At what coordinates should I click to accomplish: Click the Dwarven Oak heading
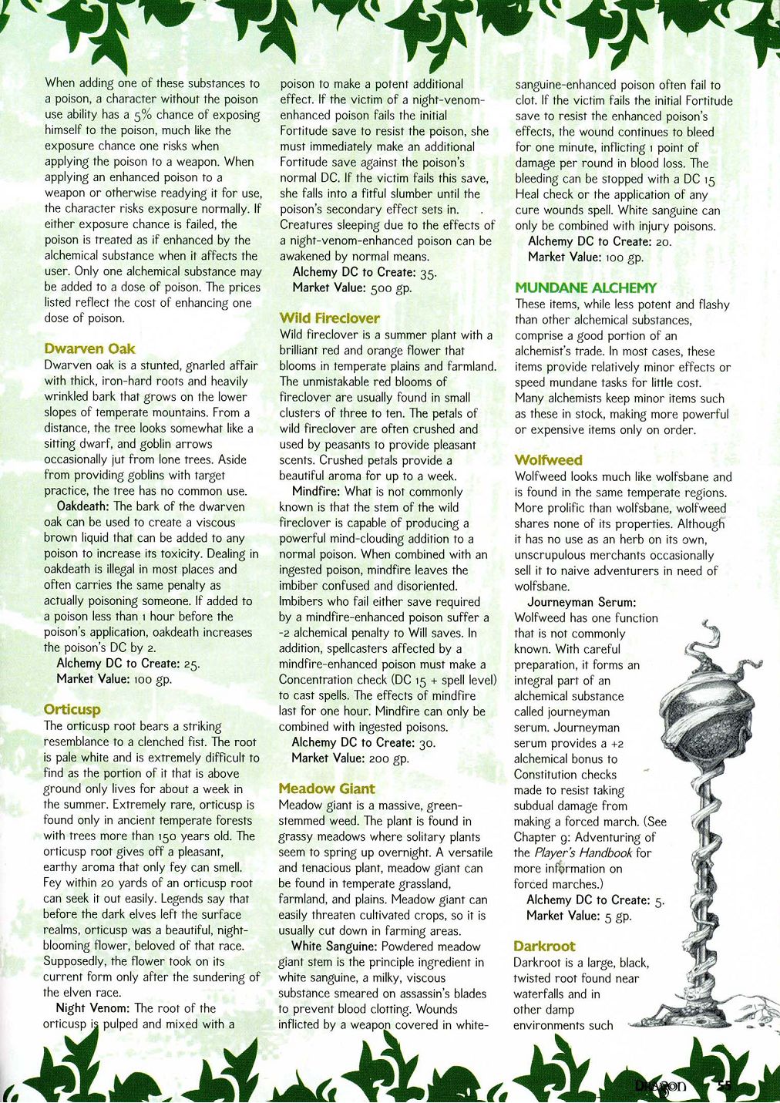click(89, 349)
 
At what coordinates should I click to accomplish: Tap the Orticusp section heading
click(72, 709)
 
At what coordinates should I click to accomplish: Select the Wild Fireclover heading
click(329, 318)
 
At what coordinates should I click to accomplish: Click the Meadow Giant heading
click(327, 789)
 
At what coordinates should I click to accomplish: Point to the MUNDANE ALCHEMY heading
click(586, 288)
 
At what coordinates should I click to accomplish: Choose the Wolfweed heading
click(548, 460)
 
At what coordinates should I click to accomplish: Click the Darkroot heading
click(544, 946)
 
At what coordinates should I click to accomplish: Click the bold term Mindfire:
click(317, 492)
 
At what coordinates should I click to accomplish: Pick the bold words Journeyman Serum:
click(581, 602)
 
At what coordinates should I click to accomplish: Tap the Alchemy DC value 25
click(192, 664)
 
